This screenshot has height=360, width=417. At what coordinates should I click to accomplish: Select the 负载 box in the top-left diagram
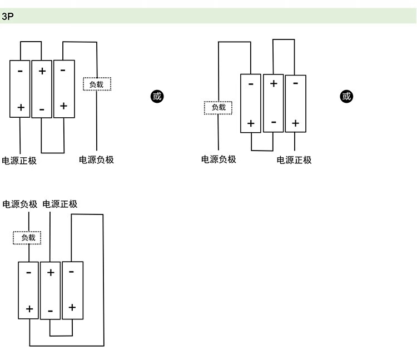tap(97, 84)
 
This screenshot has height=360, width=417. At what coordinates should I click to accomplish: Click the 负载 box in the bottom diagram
tap(28, 238)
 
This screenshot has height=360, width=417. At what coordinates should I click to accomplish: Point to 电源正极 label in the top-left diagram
tap(19, 161)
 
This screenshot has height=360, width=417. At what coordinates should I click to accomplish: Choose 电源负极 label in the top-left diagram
tap(96, 160)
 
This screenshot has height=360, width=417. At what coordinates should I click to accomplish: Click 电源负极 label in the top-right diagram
tap(219, 159)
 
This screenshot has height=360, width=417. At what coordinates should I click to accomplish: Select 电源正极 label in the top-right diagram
tap(294, 160)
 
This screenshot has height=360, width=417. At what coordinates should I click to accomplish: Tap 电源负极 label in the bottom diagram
tap(20, 204)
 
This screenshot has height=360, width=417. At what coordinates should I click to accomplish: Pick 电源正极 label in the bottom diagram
tap(60, 204)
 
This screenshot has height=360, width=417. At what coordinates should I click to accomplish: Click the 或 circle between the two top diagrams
tap(157, 96)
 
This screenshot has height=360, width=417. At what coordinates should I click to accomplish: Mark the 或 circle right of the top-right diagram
tap(346, 96)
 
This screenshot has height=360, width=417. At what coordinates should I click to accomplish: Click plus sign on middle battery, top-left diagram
tap(42, 71)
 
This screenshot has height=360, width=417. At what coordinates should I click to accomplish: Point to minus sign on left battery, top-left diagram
tap(21, 71)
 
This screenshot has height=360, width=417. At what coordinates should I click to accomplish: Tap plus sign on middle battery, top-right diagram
tap(273, 84)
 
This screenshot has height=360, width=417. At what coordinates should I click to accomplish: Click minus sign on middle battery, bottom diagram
tap(50, 311)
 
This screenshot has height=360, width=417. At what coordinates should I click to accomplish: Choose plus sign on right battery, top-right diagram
tap(295, 123)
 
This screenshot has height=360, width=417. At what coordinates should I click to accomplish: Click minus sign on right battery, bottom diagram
tap(72, 272)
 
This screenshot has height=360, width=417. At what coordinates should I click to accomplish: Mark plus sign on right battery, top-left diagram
tap(63, 106)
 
